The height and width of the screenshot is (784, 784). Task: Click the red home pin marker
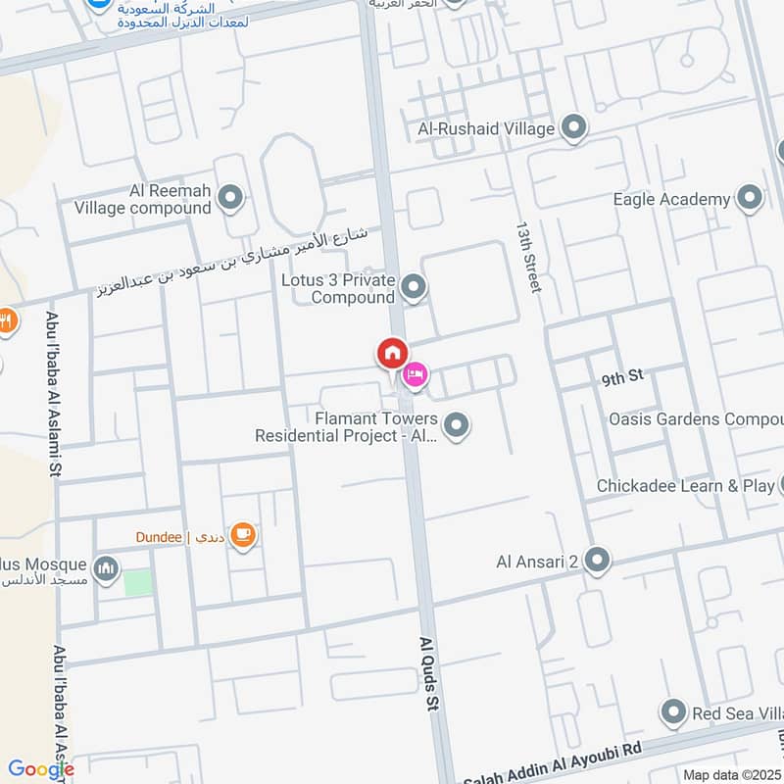(x=392, y=353)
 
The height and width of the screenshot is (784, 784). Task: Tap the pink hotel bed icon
(x=416, y=374)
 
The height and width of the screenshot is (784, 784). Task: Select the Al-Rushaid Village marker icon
(x=573, y=127)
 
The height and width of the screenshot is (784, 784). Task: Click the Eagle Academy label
(x=671, y=200)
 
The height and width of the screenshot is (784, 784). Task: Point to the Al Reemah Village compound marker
(x=230, y=199)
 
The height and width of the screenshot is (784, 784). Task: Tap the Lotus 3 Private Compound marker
(x=415, y=288)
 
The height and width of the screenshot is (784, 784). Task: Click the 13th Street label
(x=529, y=255)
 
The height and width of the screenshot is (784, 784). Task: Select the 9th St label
(x=622, y=375)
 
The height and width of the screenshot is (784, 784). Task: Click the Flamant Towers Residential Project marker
(x=456, y=425)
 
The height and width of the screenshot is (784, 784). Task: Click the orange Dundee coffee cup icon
(x=244, y=536)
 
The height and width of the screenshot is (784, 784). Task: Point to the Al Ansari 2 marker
(x=597, y=561)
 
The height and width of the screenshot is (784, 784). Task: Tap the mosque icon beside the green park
(x=106, y=567)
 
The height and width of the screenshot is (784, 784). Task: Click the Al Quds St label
(x=431, y=676)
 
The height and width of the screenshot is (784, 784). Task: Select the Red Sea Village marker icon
(x=673, y=713)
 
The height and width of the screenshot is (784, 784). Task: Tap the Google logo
(x=41, y=769)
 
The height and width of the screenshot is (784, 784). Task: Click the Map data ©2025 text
(x=730, y=774)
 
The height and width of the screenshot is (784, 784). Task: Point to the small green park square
(x=138, y=581)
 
